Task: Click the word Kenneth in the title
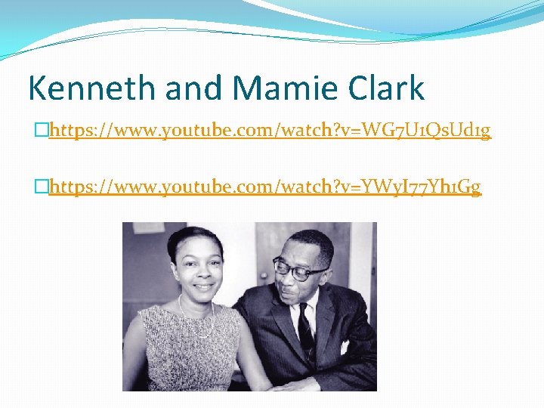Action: (79, 88)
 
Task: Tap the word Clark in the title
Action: (387, 88)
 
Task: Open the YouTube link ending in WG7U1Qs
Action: (270, 131)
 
